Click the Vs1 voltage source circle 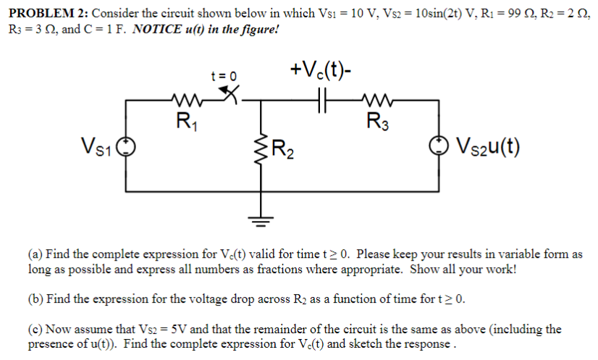[126, 147]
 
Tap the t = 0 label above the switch [224, 75]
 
